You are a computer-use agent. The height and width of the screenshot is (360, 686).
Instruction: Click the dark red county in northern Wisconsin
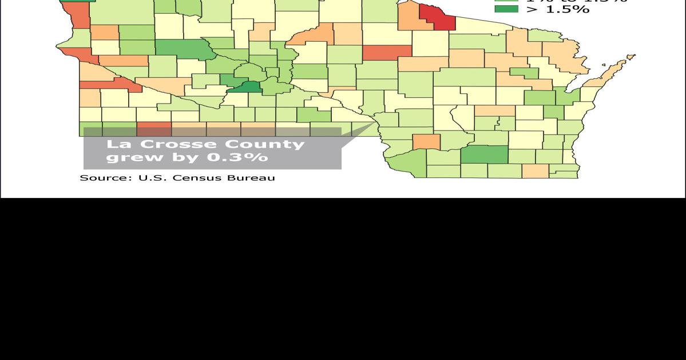[x=442, y=18]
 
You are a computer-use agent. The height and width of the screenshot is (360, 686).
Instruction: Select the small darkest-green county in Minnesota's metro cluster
[x=250, y=88]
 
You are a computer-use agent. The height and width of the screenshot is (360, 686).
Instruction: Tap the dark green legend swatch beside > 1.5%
[x=506, y=9]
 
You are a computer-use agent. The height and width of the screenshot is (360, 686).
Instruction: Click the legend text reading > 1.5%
[x=558, y=9]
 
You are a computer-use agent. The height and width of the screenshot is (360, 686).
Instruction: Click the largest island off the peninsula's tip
[x=631, y=57]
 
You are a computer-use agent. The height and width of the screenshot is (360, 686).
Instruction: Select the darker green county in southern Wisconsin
[x=484, y=155]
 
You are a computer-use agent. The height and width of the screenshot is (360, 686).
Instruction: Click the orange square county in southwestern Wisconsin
[x=426, y=141]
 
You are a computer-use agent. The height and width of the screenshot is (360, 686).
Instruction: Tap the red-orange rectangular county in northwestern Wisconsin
[x=387, y=52]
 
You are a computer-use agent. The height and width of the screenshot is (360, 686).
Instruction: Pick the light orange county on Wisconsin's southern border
[x=535, y=171]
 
